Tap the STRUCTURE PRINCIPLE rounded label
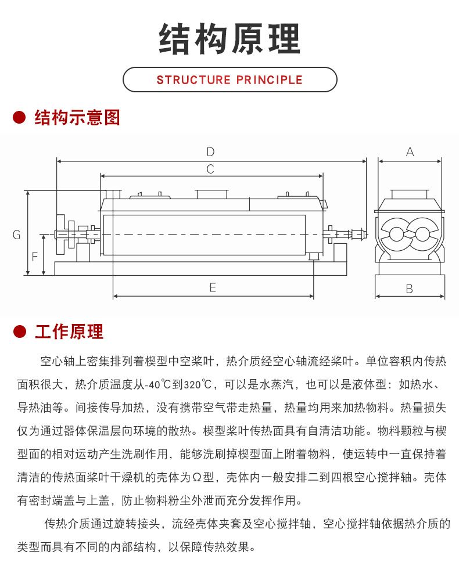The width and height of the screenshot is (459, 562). [229, 80]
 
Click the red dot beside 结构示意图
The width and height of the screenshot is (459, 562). [20, 118]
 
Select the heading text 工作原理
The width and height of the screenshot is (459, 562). [69, 332]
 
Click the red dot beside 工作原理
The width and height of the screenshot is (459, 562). [20, 332]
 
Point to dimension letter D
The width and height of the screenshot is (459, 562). [210, 152]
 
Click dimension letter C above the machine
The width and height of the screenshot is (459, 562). [210, 170]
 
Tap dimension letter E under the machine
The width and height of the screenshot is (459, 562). [213, 287]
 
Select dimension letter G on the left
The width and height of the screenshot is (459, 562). [17, 235]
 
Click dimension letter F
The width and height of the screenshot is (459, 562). [34, 255]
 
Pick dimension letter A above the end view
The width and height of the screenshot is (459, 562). [410, 152]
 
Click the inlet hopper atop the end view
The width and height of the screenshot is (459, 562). [409, 196]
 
